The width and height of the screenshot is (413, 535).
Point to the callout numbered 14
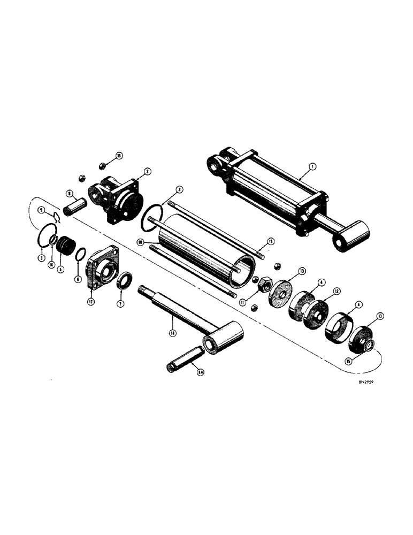(x=173, y=333)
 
